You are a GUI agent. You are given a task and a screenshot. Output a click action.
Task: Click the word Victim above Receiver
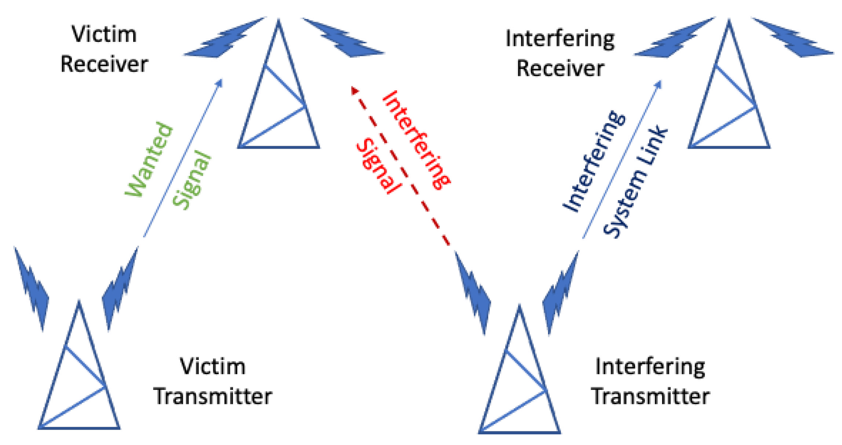[x=104, y=35]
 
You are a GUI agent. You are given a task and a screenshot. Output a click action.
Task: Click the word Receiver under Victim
[x=104, y=64]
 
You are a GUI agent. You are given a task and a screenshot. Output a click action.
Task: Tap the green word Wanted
[x=149, y=159]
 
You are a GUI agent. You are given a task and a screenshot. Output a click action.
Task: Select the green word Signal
[x=192, y=180]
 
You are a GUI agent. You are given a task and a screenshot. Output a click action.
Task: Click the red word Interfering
[x=416, y=140]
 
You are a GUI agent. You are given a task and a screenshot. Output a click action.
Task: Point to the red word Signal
[x=378, y=165]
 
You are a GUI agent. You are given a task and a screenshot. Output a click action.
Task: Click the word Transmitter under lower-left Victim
[x=213, y=397]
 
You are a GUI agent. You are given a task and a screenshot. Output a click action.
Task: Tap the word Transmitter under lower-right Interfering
[x=650, y=397]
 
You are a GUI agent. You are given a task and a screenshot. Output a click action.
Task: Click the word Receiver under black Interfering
[x=560, y=69]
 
